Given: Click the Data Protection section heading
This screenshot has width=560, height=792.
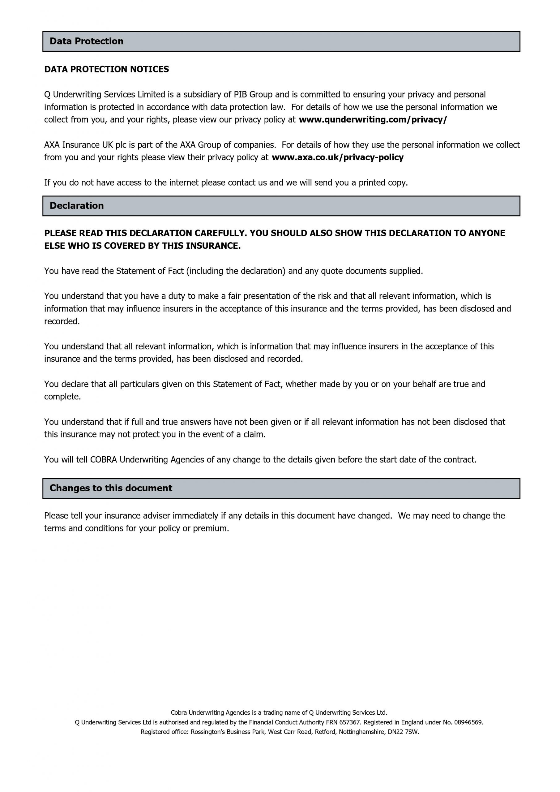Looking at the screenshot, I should [x=86, y=41].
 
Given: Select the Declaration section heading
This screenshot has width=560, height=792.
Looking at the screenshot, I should [x=77, y=206].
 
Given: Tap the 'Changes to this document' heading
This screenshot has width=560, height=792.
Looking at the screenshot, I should [x=111, y=488].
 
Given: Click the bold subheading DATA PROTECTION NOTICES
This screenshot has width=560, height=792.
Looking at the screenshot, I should [x=107, y=69].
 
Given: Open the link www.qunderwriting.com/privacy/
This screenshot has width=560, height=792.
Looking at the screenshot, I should [x=373, y=120].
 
